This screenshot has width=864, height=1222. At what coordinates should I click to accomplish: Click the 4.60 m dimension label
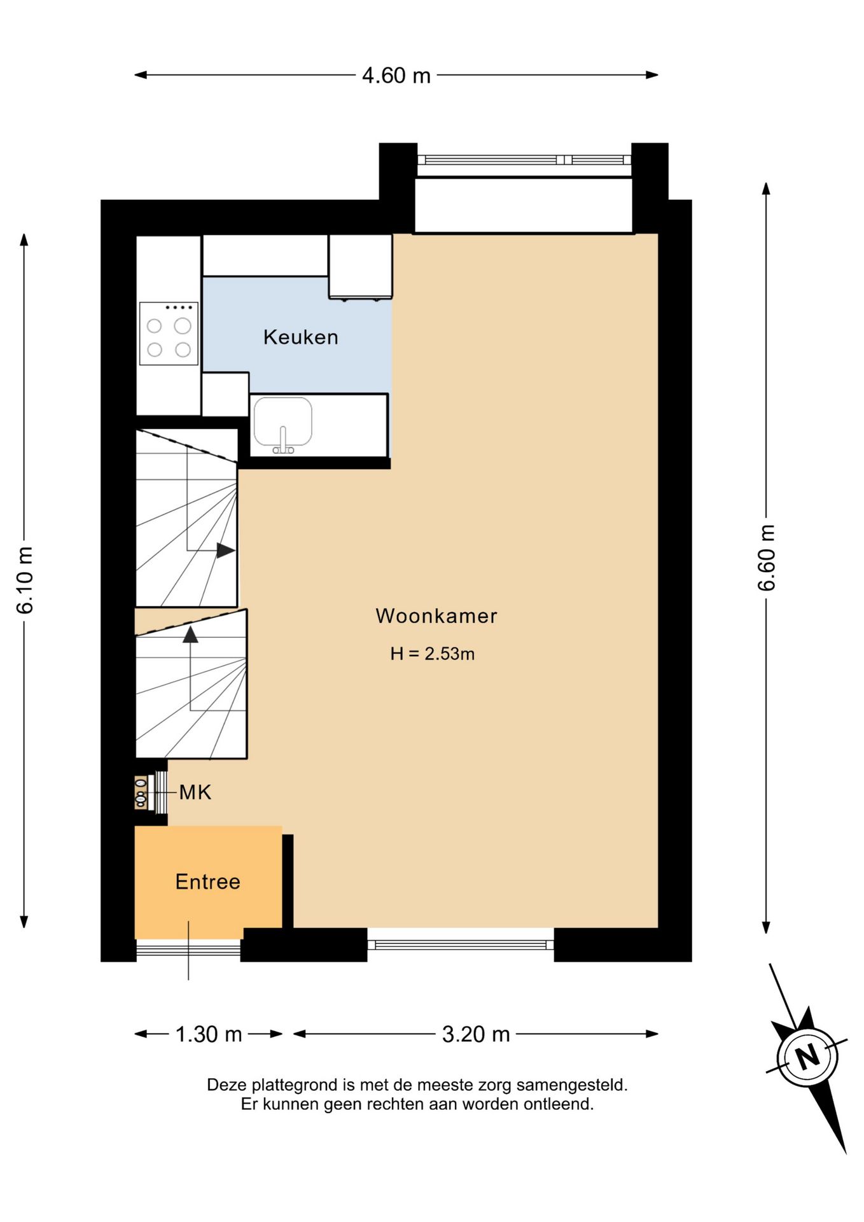pyautogui.click(x=396, y=76)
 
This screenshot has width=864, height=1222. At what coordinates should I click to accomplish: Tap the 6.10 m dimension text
pyautogui.click(x=25, y=580)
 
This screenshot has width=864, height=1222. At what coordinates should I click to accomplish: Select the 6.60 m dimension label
pyautogui.click(x=767, y=558)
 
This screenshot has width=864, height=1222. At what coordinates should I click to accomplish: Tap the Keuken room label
pyautogui.click(x=301, y=337)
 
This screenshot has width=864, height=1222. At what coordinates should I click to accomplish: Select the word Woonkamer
pyautogui.click(x=436, y=615)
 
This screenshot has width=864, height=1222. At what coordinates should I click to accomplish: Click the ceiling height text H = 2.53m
pyautogui.click(x=433, y=654)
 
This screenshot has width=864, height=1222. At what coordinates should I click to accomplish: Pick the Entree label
pyautogui.click(x=208, y=881)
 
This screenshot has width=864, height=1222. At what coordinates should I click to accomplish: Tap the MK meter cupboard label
pyautogui.click(x=195, y=792)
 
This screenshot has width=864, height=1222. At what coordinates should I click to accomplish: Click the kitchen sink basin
pyautogui.click(x=282, y=421)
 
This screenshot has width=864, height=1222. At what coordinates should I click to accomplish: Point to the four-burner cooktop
pyautogui.click(x=169, y=334)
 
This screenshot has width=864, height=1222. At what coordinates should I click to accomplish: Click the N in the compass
pyautogui.click(x=807, y=1057)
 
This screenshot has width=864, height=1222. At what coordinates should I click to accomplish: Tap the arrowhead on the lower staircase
pyautogui.click(x=190, y=634)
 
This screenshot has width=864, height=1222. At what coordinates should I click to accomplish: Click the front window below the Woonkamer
pyautogui.click(x=461, y=945)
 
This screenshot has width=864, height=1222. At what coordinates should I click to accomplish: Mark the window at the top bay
pyautogui.click(x=524, y=160)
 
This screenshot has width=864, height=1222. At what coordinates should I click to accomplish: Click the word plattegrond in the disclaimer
pyautogui.click(x=295, y=1085)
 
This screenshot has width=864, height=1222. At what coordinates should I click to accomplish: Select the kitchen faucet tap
pyautogui.click(x=283, y=440)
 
